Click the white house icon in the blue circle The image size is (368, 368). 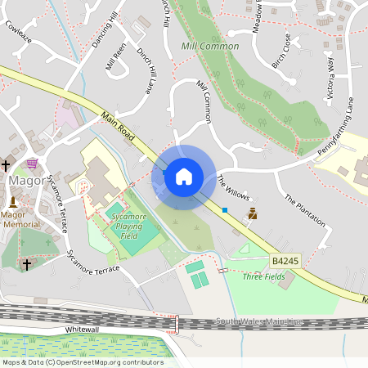coord(184,176)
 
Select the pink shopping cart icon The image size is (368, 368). coord(32,163)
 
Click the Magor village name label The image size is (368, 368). coord(25,180)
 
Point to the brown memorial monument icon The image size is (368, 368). coord(253,213)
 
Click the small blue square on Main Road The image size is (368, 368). coord(225,210)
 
